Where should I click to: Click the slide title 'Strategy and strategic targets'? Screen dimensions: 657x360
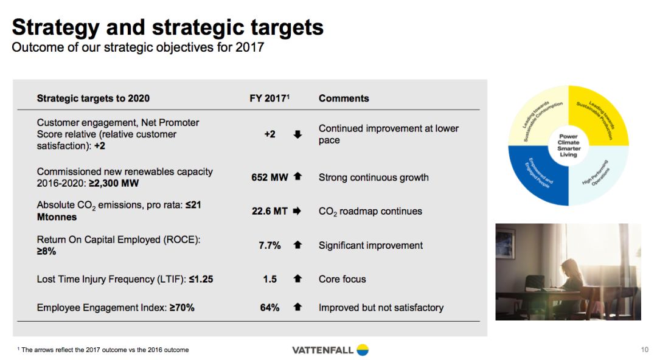[x=168, y=27]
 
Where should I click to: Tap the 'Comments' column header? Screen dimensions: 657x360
[x=344, y=98]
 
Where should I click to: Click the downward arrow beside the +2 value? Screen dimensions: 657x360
[x=297, y=134]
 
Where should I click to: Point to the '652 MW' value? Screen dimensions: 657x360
[x=269, y=178]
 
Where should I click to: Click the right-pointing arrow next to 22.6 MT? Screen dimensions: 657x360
[x=297, y=211]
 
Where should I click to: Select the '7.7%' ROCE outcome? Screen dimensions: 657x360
[x=269, y=245]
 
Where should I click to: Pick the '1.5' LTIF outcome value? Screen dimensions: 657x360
[x=270, y=279]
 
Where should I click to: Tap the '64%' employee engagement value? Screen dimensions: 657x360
[x=269, y=308]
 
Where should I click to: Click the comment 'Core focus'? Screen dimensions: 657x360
[x=342, y=279]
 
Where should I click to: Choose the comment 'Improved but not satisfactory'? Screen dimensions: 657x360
[x=381, y=308]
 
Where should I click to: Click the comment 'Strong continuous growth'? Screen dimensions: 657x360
[x=374, y=178]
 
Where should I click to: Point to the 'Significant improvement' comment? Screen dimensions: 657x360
[x=370, y=245]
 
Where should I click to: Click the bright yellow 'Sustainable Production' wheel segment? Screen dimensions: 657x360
[x=599, y=116]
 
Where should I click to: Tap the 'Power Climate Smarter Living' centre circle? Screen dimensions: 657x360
[x=569, y=145]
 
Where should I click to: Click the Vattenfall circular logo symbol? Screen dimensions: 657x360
[x=363, y=350]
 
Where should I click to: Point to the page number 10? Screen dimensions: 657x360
[x=644, y=350]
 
